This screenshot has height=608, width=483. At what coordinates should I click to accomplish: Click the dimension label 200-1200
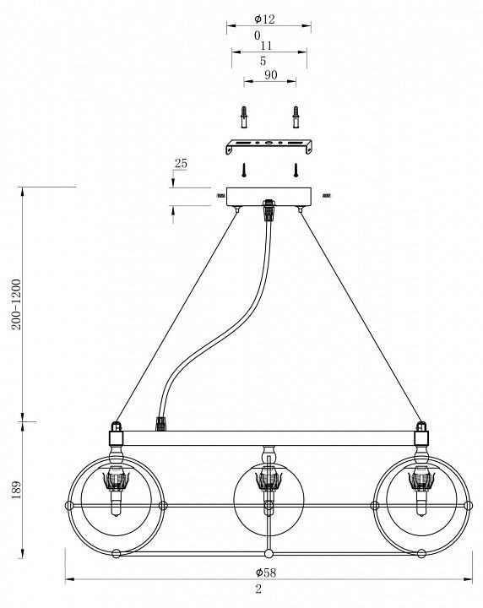point(17,304)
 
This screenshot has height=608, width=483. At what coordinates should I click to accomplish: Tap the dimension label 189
point(17,490)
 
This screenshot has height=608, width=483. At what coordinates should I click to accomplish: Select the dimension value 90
point(270,74)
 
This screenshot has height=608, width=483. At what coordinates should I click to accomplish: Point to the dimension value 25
point(181,164)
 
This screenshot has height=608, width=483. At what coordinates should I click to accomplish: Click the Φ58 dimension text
point(266,573)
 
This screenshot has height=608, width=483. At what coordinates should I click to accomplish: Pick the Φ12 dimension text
point(265,19)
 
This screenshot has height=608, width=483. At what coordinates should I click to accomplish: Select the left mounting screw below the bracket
point(244,170)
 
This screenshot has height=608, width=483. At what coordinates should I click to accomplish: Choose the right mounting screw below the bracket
point(296,170)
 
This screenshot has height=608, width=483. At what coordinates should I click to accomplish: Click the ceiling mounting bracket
point(269,146)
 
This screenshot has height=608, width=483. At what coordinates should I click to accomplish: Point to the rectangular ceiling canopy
point(269,197)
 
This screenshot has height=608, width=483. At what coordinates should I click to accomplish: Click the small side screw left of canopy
point(220,196)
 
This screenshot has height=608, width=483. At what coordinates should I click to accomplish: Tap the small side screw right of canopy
point(327,196)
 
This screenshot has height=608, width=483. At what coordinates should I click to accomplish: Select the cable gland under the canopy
point(268,209)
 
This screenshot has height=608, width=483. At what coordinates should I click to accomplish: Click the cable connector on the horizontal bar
point(161,424)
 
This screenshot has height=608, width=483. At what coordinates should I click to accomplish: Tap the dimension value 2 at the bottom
point(258,589)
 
